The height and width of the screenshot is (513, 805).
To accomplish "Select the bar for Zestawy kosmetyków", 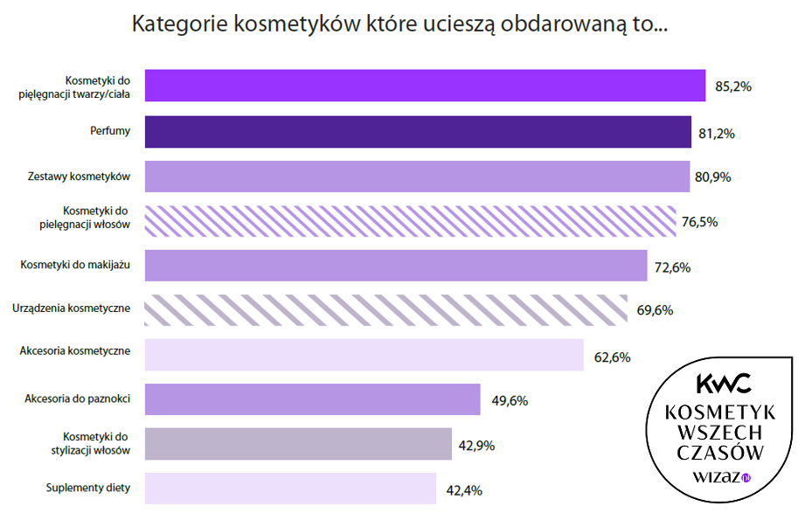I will tap(416, 177).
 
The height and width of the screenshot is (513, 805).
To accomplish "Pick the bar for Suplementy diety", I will tap(289, 489).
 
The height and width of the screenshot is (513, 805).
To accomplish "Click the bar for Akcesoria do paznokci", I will tap(312, 399).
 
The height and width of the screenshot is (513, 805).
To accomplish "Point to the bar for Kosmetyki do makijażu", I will tap(395, 266).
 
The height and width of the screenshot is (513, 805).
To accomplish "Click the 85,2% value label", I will tap(733, 87).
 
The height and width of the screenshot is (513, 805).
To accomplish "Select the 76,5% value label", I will tap(699, 222).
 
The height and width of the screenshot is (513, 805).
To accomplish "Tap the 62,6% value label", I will tap(611, 357).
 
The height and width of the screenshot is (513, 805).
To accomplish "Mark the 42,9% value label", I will tap(476, 446).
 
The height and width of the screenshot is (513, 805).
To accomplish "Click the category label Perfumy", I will tap(110, 131).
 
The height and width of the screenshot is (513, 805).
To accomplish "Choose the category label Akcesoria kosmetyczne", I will tap(75, 351).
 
